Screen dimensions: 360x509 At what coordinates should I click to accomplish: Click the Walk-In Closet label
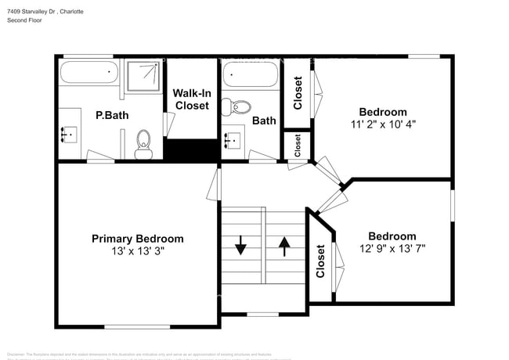pyautogui.click(x=192, y=99)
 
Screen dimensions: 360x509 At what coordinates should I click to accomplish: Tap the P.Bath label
pyautogui.click(x=112, y=116)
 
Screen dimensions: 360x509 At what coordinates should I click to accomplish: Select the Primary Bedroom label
pyautogui.click(x=138, y=239)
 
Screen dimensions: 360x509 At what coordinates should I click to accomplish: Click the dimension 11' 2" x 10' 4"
pyautogui.click(x=383, y=124)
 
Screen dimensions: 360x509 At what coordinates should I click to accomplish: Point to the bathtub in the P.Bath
pyautogui.click(x=89, y=74)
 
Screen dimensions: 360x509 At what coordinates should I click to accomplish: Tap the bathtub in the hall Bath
pyautogui.click(x=248, y=77)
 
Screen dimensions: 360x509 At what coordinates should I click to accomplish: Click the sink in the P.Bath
pyautogui.click(x=70, y=135)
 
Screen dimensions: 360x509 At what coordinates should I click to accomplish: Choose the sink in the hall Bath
pyautogui.click(x=233, y=141)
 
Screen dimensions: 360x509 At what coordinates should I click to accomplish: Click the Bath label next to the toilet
pyautogui.click(x=264, y=121)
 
